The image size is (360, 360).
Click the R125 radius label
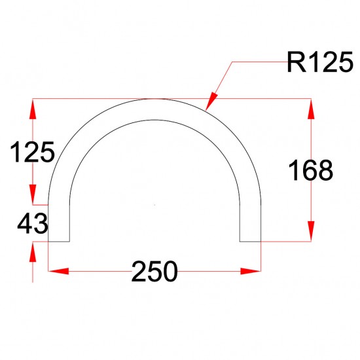coord(317,63)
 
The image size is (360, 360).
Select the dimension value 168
coord(312,171)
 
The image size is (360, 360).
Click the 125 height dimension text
coord(31,153)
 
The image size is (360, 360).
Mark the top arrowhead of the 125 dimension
coord(33,109)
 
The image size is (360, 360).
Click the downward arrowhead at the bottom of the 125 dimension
coord(33,194)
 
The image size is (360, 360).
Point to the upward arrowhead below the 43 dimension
coord(33,252)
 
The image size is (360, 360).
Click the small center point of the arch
coord(155,204)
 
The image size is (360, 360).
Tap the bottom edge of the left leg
coord(60,242)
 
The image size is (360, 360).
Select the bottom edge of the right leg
coord(251,242)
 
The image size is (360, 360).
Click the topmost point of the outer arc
coord(155,99)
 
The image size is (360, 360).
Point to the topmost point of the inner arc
coord(155,119)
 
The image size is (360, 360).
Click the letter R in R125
coord(295,63)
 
